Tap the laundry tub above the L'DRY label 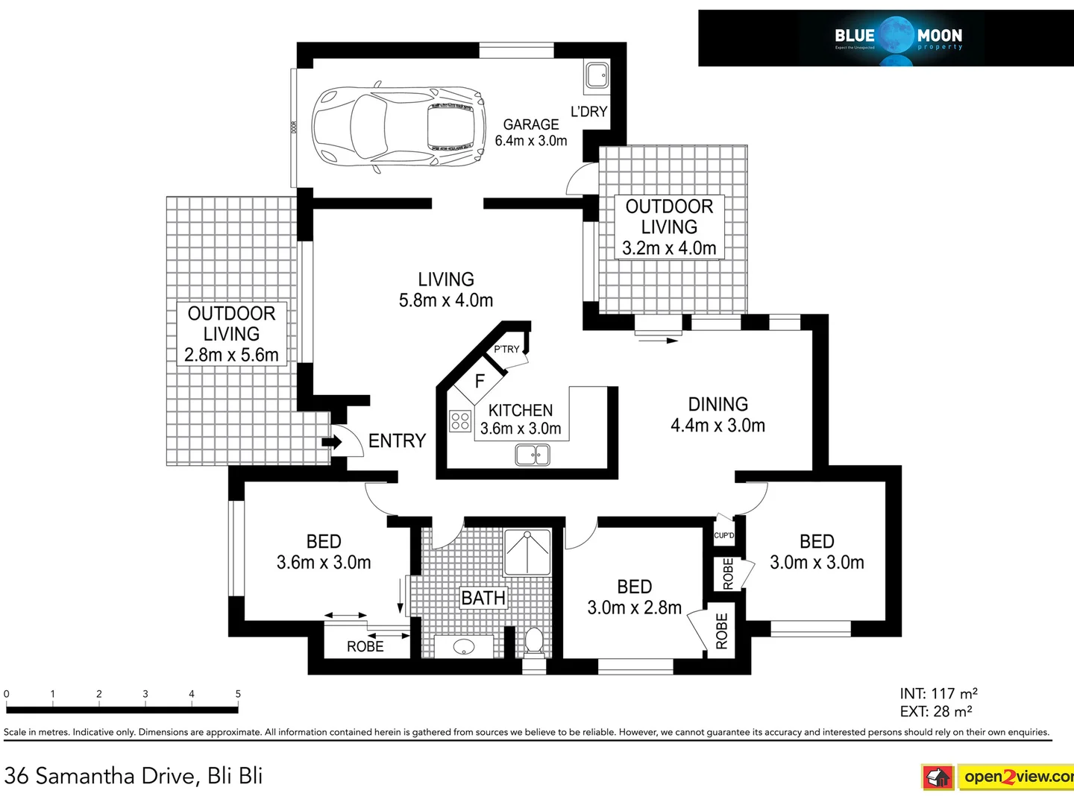point(596,75)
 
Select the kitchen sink point(533,454)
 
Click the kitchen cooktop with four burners point(460,421)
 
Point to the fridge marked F point(480,381)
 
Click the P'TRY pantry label point(506,349)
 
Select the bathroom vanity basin point(464,646)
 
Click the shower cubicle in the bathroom point(527,552)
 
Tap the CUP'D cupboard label point(723,535)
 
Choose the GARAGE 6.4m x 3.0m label point(531,133)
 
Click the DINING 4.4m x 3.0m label point(717,415)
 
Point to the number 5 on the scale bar point(238,694)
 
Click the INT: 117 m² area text point(938,694)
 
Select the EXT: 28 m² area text point(936,712)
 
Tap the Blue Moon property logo point(898,37)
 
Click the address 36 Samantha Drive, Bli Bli point(134,776)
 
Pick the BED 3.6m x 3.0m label point(324,552)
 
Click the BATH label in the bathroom point(483,598)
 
